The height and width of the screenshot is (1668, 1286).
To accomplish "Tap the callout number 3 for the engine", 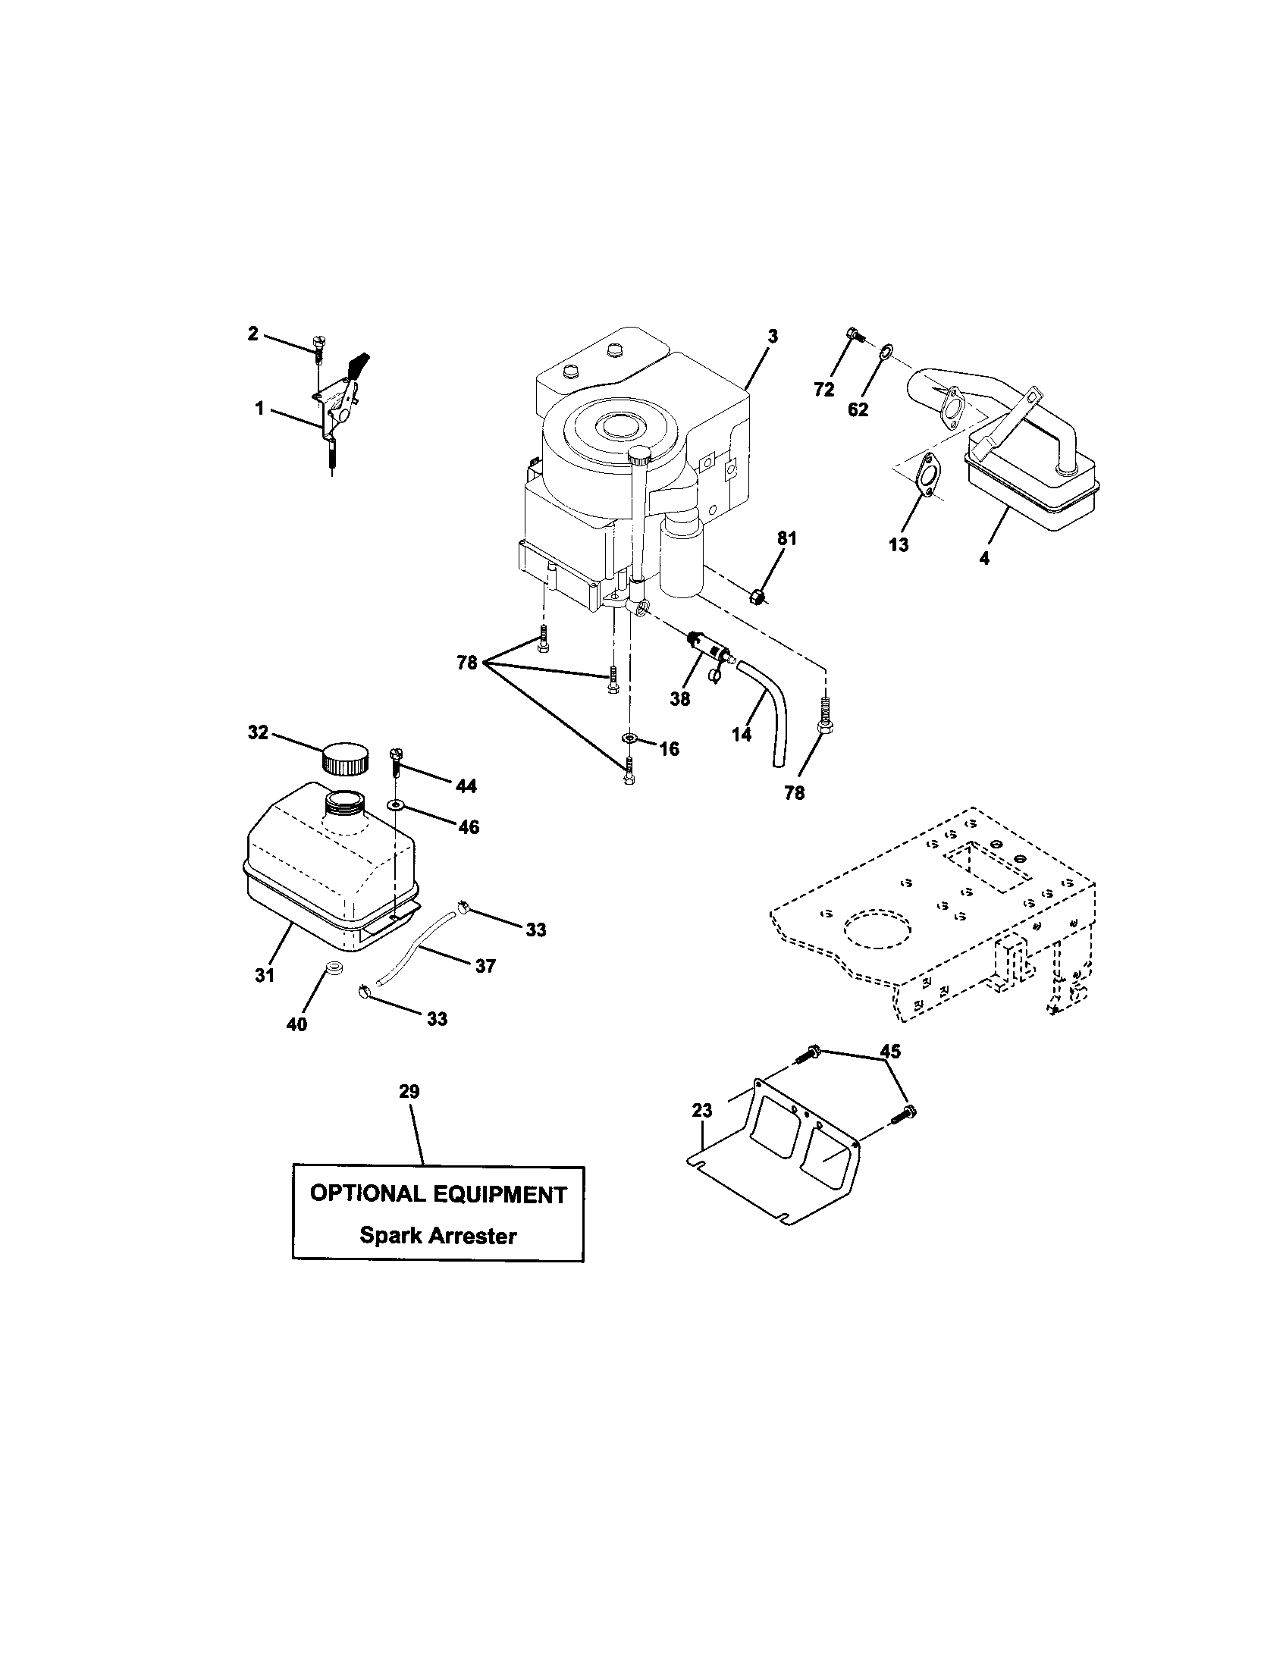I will point(772,336).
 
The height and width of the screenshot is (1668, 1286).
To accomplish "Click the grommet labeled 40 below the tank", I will point(332,969).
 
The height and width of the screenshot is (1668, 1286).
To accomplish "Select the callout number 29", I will point(409,1091).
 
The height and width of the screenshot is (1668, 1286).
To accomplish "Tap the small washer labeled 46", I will point(396,804).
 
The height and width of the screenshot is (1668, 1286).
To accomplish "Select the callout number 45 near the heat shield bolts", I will point(889,1051).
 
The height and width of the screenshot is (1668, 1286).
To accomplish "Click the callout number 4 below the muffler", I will point(984,558).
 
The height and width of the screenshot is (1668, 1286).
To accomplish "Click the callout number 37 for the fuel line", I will point(486,966).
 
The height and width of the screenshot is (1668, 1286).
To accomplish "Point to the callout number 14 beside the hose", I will point(741,734).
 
